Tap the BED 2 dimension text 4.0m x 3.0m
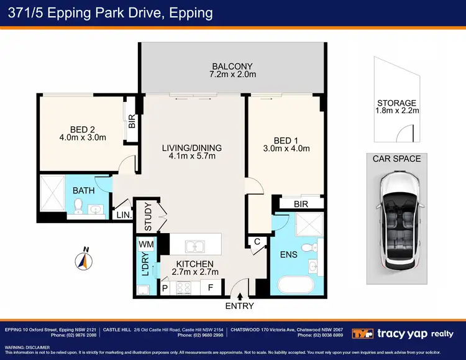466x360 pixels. (82, 137)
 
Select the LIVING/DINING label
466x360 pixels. (191, 148)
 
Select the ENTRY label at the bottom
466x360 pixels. (240, 307)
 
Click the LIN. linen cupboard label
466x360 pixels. (123, 215)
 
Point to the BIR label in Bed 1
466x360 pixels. (301, 203)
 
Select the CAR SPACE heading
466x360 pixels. (396, 159)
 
